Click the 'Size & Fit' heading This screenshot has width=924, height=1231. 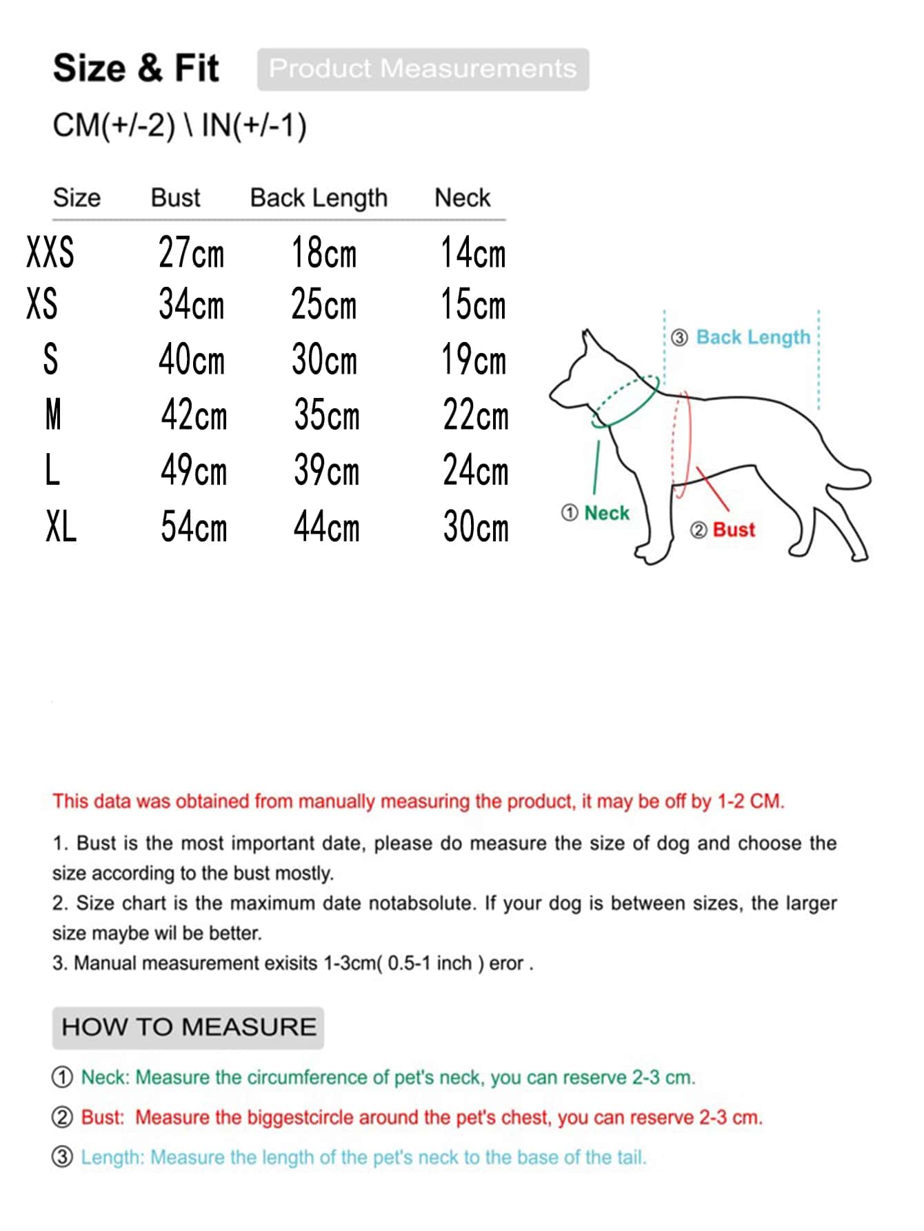click(136, 68)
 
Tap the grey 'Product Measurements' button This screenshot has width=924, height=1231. click(423, 69)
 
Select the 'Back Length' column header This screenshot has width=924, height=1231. click(319, 198)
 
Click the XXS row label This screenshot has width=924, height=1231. click(50, 252)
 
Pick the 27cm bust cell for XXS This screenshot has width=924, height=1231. click(191, 252)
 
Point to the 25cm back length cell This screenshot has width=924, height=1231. click(323, 304)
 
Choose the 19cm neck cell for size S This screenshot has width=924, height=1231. click(473, 359)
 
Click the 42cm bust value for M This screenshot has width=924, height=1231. click(194, 415)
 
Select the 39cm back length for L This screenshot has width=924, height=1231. click(326, 471)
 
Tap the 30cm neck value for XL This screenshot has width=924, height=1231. click(475, 528)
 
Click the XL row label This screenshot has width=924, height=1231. click(61, 528)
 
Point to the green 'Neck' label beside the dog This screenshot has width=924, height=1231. click(606, 513)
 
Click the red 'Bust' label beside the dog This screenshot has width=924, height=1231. click(734, 530)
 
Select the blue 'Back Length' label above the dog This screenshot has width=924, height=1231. click(753, 337)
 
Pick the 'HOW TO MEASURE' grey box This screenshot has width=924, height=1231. click(188, 1027)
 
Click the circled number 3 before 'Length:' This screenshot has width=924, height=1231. click(62, 1157)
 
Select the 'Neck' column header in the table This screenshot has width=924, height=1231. click(462, 198)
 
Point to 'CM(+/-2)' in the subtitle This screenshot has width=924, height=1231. click(114, 126)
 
